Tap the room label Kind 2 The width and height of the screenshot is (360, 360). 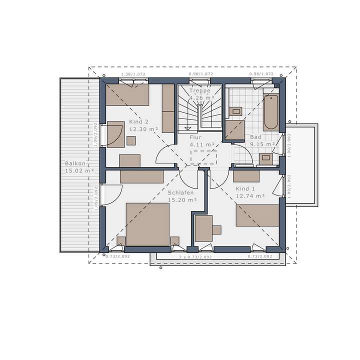point(139,122)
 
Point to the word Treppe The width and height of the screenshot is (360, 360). point(199,91)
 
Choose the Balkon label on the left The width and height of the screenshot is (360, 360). point(75,163)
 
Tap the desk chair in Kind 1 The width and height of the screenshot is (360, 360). point(216,229)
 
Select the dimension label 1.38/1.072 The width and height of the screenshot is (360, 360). point(133,74)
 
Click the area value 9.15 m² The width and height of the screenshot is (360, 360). point(263,144)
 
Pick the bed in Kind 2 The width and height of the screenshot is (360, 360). point(127,94)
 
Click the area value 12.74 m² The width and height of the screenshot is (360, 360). point(250,196)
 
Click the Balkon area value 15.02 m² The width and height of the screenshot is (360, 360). point(79,170)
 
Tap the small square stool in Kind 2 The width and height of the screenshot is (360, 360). point(130,140)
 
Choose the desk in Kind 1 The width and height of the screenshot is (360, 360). point(203,228)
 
